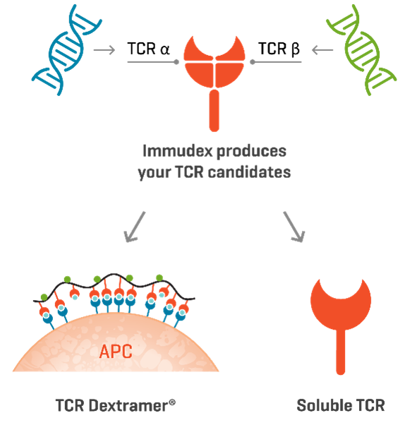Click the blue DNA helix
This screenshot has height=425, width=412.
(x=66, y=50)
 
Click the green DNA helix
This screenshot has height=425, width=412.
(x=362, y=50)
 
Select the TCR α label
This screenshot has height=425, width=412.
(x=148, y=49)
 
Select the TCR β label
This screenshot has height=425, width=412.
(x=279, y=49)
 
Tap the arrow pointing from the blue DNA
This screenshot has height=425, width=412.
(x=104, y=50)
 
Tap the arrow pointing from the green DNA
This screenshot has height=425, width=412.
(x=322, y=50)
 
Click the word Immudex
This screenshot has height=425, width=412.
(x=177, y=150)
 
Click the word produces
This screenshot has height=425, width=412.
(x=251, y=152)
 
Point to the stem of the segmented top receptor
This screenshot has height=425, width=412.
(x=214, y=111)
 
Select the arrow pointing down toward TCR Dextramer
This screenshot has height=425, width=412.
(x=135, y=227)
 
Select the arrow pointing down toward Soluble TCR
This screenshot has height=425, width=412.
(x=294, y=227)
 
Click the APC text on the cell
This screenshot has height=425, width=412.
(x=116, y=352)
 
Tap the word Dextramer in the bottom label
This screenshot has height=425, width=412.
(x=128, y=406)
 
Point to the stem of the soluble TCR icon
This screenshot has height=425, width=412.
(x=341, y=352)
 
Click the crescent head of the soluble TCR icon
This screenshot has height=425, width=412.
(x=341, y=312)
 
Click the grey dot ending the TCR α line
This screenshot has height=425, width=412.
(x=176, y=62)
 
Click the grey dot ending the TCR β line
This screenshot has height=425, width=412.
(x=253, y=62)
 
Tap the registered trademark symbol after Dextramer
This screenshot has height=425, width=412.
(x=172, y=402)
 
